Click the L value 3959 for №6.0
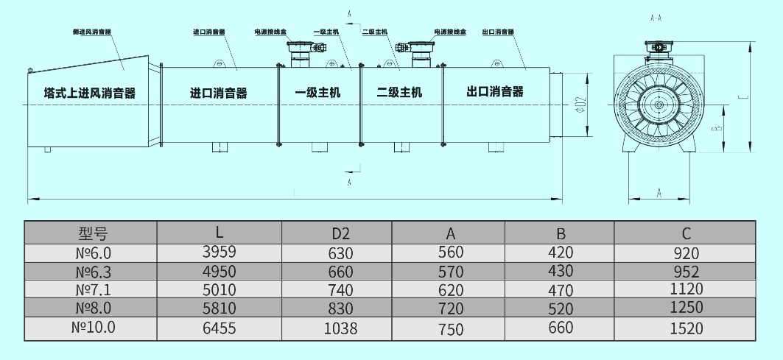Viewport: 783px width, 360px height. [219, 252]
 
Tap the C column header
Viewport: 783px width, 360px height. [686, 234]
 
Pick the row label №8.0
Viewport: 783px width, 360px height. [93, 308]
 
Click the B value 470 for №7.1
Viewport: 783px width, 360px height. [561, 289]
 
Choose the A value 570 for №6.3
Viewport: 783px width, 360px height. [451, 271]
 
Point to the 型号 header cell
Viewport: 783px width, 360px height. [93, 234]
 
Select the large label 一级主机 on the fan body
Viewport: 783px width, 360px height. [317, 93]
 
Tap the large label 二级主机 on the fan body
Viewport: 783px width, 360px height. [399, 93]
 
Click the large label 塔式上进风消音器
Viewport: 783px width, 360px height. [90, 93]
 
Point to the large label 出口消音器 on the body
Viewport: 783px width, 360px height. [495, 92]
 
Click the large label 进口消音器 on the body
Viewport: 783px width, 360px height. [219, 93]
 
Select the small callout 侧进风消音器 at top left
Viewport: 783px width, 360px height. [92, 32]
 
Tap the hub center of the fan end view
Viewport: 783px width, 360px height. [657, 106]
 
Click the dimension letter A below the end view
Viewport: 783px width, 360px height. [659, 193]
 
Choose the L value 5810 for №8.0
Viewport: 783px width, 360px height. [219, 308]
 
